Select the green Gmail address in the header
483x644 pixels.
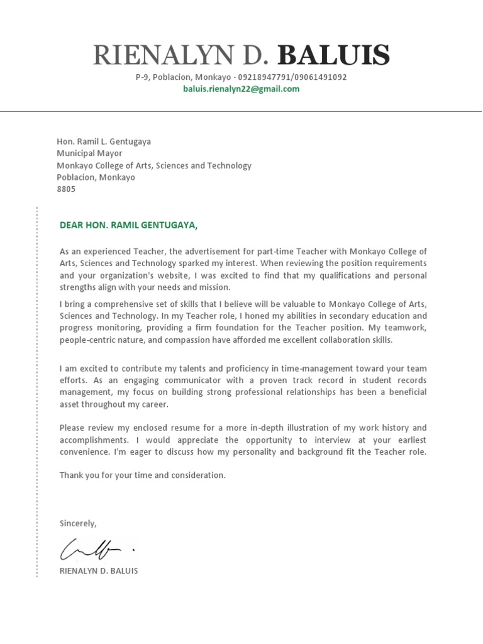[241, 89]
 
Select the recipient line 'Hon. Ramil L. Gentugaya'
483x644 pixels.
[104, 142]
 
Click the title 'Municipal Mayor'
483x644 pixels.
[89, 153]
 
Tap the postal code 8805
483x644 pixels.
[66, 189]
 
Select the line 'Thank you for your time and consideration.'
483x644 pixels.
[142, 475]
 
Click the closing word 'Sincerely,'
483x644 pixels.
[78, 523]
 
